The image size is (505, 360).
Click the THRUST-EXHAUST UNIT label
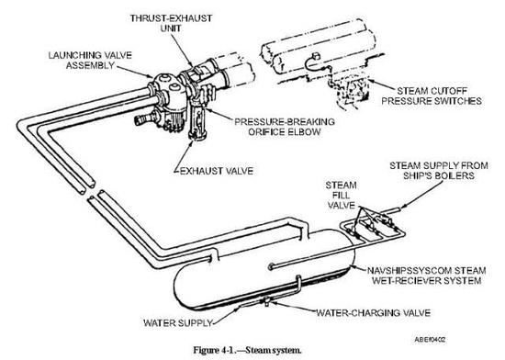171,23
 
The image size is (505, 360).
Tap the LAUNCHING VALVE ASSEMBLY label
90,61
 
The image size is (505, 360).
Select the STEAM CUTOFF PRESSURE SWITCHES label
432,96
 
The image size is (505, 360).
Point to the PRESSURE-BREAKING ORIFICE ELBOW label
285,127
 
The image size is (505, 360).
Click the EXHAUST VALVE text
217,171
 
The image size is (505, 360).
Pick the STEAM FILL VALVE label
341,195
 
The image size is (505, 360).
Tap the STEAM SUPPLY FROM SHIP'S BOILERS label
439,171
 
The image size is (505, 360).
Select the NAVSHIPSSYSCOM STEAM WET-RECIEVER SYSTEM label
427,276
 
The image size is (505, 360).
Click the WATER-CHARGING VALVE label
374,312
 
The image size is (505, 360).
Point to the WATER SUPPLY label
178,322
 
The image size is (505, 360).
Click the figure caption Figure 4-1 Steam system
247,350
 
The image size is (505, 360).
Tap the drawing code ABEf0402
430,340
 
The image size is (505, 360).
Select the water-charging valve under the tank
267,302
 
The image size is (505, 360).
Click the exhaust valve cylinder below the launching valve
198,120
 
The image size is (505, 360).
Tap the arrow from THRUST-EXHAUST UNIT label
182,50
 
